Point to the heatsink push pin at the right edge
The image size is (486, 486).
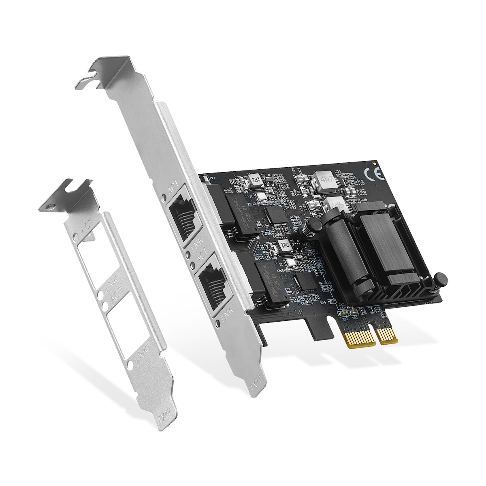(440, 279)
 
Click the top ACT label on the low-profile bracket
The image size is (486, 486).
(86, 231)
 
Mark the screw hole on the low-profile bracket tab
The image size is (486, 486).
(51, 206)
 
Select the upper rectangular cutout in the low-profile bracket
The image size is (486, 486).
(98, 263)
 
